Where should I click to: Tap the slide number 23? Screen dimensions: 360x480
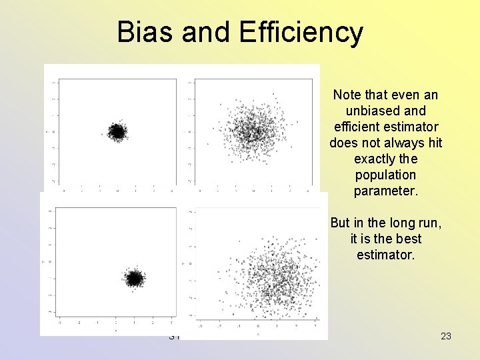[x=446, y=336]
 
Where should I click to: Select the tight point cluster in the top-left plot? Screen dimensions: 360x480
[x=117, y=132]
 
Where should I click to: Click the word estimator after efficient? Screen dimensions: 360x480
[x=412, y=127]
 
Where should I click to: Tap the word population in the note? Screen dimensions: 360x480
[x=385, y=175]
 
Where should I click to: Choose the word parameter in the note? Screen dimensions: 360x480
[x=385, y=191]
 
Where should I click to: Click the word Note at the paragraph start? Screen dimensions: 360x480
[x=347, y=95]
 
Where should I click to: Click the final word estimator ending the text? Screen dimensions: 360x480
[x=385, y=255]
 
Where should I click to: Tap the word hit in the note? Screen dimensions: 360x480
[x=435, y=143]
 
